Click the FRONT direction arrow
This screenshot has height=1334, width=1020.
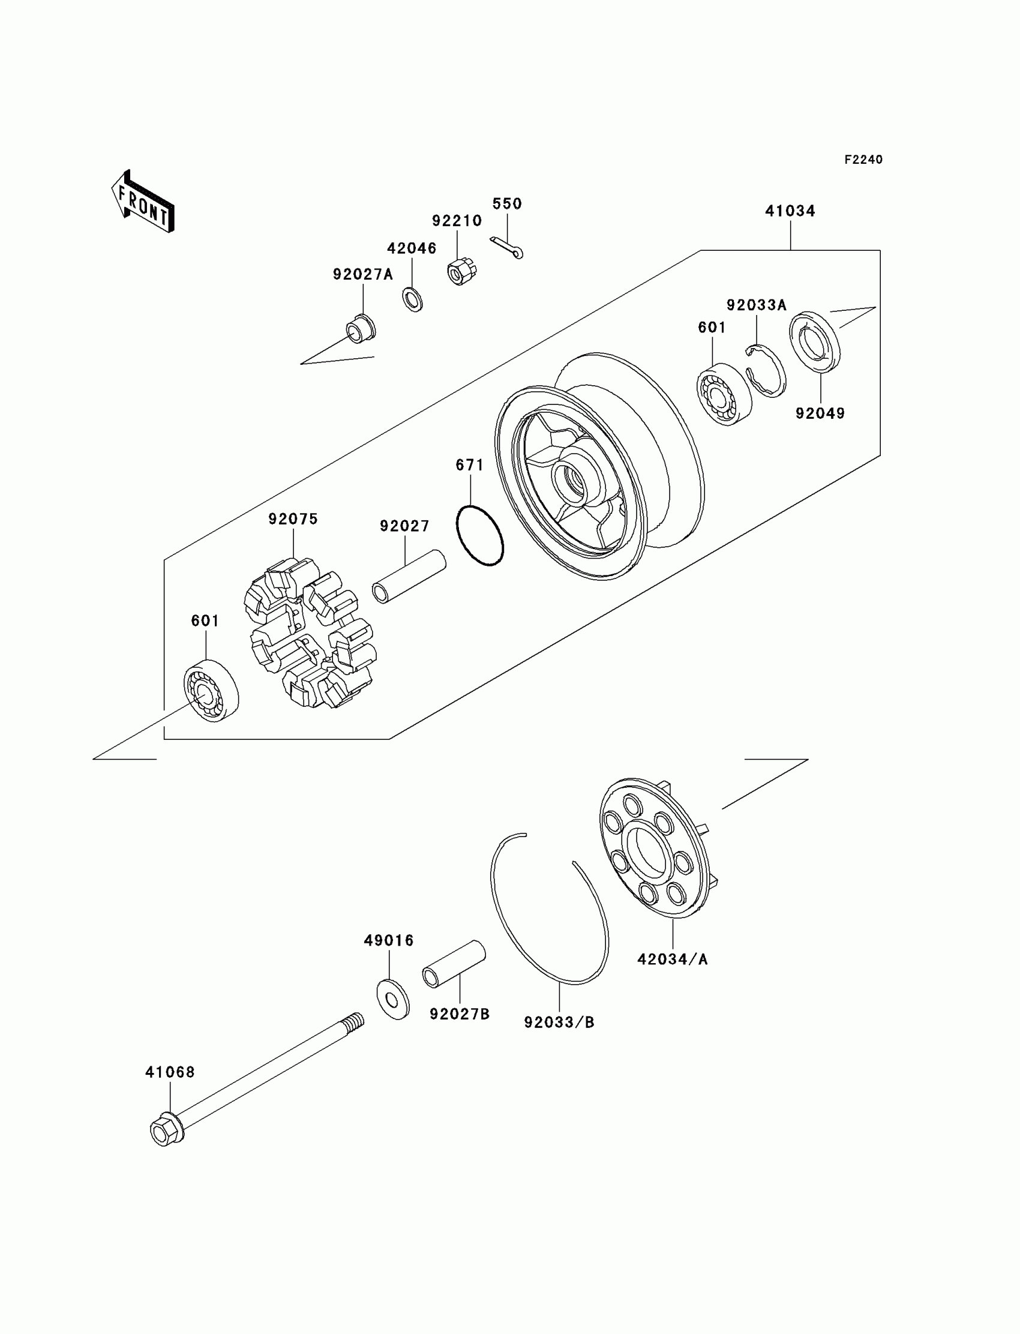click(x=143, y=203)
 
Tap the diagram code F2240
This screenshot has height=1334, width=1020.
click(x=863, y=160)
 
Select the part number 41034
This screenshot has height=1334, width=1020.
click(x=790, y=211)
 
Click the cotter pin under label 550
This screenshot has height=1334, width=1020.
click(x=507, y=248)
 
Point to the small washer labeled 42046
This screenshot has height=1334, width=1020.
click(x=413, y=299)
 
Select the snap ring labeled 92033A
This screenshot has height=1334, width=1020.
click(x=766, y=370)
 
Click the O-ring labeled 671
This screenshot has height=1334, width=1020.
click(x=479, y=535)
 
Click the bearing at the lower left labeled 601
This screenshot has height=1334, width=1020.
click(x=211, y=690)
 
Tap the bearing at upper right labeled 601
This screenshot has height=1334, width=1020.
click(x=723, y=394)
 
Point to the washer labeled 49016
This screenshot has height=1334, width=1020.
click(x=393, y=999)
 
